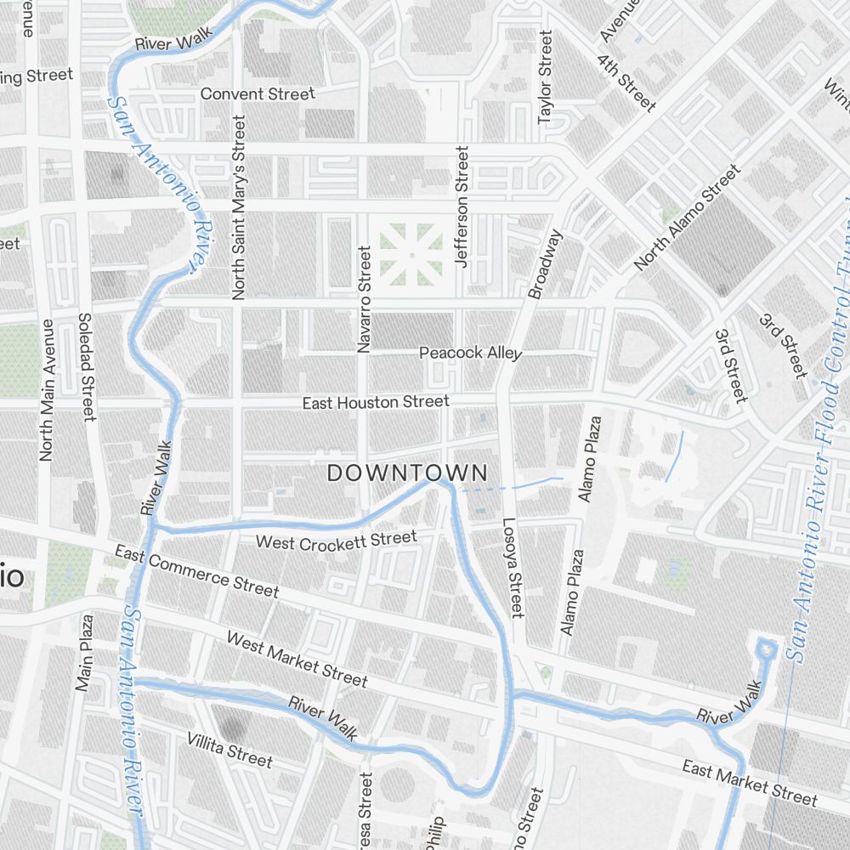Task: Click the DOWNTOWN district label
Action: tap(407, 473)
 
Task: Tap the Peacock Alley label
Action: tap(470, 353)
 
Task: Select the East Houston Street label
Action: tap(376, 401)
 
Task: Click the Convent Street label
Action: tap(258, 93)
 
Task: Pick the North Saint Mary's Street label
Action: tap(238, 207)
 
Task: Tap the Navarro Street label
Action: tap(365, 299)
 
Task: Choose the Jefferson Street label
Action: tap(462, 207)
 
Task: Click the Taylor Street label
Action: tap(545, 78)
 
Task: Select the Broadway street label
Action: tap(546, 263)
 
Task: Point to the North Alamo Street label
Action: tap(687, 218)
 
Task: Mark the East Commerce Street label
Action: tap(196, 572)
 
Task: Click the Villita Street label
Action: tap(229, 749)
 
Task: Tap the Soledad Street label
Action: tap(85, 366)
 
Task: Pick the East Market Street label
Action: tap(749, 783)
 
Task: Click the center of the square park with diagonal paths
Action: tap(411, 254)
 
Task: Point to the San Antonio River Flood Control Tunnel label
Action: tap(824, 425)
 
